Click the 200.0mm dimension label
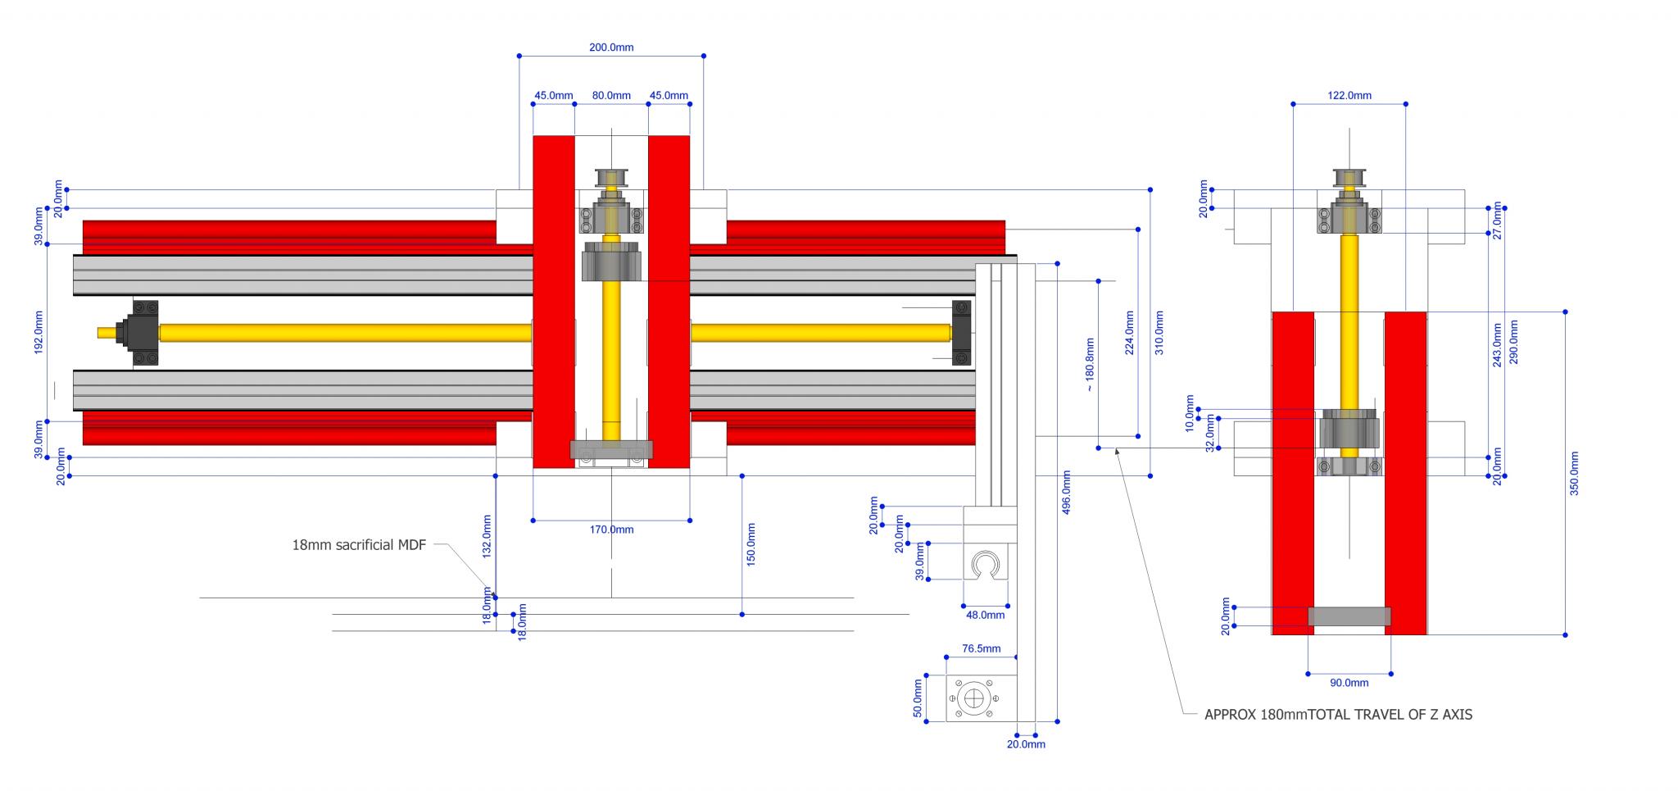(x=611, y=48)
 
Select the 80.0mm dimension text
(x=611, y=96)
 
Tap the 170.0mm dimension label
(x=611, y=530)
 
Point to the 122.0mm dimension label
(x=1349, y=96)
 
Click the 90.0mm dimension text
(x=1349, y=683)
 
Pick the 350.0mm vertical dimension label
(x=1574, y=473)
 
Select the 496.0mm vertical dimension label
(x=1066, y=492)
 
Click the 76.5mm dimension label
(x=981, y=648)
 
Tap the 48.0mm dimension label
(x=985, y=615)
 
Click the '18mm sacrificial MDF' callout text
(x=359, y=545)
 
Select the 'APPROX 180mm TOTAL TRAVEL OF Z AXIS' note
(x=1338, y=715)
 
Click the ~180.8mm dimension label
(x=1089, y=365)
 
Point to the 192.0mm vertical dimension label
(x=39, y=332)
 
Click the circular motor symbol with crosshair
(x=973, y=698)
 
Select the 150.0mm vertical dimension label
(x=751, y=544)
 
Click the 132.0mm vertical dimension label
(x=487, y=536)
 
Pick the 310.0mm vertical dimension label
(x=1159, y=332)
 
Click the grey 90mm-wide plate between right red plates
(x=1349, y=616)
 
